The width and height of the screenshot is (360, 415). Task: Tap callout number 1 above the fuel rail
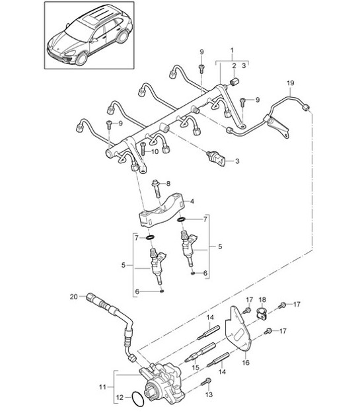[x=231, y=52]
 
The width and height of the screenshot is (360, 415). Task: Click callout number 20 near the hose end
[x=73, y=297]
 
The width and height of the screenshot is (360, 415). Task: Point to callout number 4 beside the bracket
[x=192, y=201]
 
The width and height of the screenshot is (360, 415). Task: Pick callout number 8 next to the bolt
[x=168, y=183]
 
